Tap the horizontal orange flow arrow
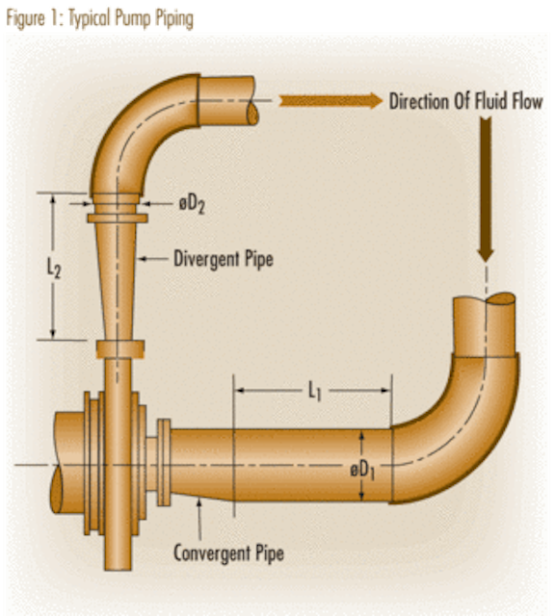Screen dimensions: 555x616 [x=330, y=100]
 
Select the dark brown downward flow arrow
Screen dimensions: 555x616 [x=486, y=190]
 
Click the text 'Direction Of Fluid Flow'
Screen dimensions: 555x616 [x=465, y=101]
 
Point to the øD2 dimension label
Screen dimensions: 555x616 [x=192, y=204]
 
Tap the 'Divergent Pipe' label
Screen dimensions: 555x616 [x=224, y=259]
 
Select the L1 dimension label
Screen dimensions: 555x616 [x=314, y=392]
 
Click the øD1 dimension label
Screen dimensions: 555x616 [x=362, y=470]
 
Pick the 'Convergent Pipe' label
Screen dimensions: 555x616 [x=228, y=553]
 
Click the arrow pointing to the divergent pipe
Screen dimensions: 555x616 [x=154, y=259]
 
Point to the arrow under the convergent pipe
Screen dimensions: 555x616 [x=199, y=519]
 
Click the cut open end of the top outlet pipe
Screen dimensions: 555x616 [x=252, y=113]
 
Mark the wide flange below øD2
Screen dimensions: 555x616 [x=118, y=218]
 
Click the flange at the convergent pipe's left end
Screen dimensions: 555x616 [x=164, y=462]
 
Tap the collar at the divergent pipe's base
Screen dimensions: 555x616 [x=120, y=349]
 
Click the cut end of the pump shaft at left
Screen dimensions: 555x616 [x=57, y=489]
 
